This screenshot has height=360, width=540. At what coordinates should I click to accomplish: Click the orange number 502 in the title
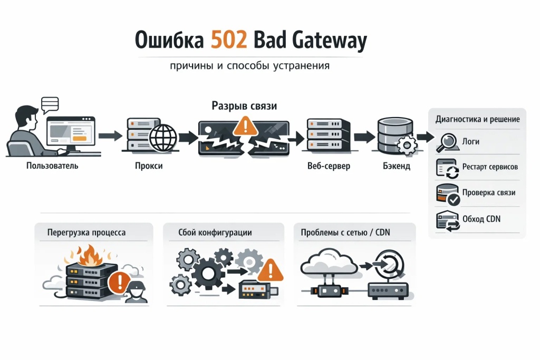click(x=228, y=41)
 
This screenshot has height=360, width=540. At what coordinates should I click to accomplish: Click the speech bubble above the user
click(x=49, y=103)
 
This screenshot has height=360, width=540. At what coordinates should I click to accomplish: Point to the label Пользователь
click(x=52, y=166)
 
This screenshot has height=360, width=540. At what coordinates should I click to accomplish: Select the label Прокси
click(x=148, y=166)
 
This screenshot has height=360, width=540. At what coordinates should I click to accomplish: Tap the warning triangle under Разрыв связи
click(x=243, y=126)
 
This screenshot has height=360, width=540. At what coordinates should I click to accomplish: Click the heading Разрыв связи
click(x=244, y=106)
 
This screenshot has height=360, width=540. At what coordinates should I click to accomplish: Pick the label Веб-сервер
click(x=329, y=166)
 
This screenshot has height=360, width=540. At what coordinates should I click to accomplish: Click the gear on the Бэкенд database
click(x=406, y=145)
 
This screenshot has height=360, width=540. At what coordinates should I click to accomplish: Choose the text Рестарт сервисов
click(x=490, y=167)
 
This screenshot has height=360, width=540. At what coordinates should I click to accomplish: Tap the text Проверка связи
click(x=488, y=192)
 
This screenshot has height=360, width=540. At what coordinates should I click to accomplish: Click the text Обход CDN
click(x=481, y=219)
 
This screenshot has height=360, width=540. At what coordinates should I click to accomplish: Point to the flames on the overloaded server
click(x=83, y=255)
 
